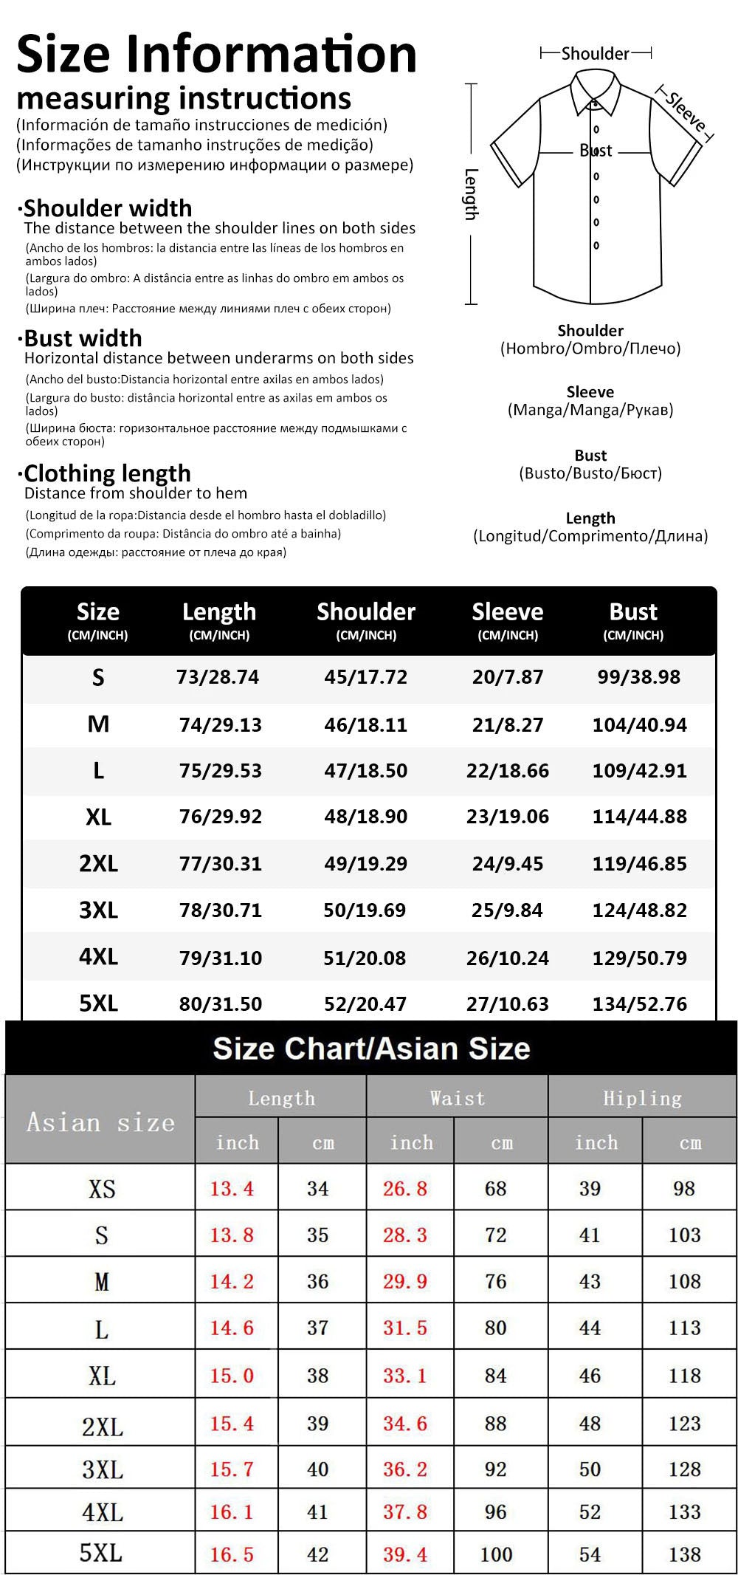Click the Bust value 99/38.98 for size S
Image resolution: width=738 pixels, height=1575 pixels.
point(638,677)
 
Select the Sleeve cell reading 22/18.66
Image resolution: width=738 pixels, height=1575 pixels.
point(508,771)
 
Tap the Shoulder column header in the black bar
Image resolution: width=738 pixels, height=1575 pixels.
point(366,612)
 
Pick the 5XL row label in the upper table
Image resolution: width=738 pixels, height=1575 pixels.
point(98,1003)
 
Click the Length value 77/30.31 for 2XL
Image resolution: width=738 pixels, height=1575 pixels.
point(220,864)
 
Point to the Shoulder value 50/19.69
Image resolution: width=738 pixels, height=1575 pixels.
point(365,910)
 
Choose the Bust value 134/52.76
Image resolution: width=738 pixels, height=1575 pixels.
point(639,1004)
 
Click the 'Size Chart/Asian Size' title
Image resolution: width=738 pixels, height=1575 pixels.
point(371,1049)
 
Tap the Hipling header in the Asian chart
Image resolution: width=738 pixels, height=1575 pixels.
point(642,1098)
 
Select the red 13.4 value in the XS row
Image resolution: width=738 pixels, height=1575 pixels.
point(232,1189)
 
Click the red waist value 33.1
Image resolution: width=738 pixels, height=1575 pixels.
point(404,1376)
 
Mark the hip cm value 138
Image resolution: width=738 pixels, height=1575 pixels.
point(684,1554)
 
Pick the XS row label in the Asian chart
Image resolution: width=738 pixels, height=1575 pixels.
point(102,1189)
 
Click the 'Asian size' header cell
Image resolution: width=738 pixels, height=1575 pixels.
point(100,1122)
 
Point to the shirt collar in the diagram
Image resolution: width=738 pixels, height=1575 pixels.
point(594,100)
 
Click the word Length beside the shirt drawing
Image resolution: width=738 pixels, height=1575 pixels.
point(471,194)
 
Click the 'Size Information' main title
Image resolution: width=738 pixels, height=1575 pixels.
point(216,55)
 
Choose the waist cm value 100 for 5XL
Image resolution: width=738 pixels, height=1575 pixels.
point(496,1554)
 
